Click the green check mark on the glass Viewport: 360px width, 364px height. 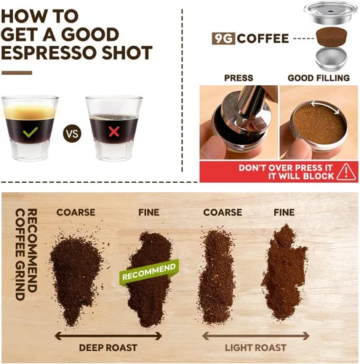point(30,132)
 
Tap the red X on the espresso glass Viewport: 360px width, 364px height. point(113,132)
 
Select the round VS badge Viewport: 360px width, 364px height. point(72,133)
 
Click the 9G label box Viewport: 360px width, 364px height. point(223,39)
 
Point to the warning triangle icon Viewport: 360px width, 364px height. point(346,172)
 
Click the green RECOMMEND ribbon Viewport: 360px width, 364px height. point(149,272)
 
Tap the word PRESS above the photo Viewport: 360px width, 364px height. point(239,78)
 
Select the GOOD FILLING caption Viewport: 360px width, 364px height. point(319,78)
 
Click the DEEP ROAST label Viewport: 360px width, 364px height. point(108,348)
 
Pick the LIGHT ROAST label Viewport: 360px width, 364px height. point(255,348)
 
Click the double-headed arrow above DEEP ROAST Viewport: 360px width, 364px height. point(108,336)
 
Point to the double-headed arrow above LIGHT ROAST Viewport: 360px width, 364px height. point(255,336)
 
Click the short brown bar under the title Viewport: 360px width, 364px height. point(17,73)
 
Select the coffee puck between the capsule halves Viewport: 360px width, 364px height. point(332,36)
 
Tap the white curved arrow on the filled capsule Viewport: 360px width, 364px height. point(326,106)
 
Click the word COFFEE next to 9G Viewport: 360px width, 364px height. point(263,39)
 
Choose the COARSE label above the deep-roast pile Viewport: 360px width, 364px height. point(76,213)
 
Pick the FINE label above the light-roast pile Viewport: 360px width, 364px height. point(284,213)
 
